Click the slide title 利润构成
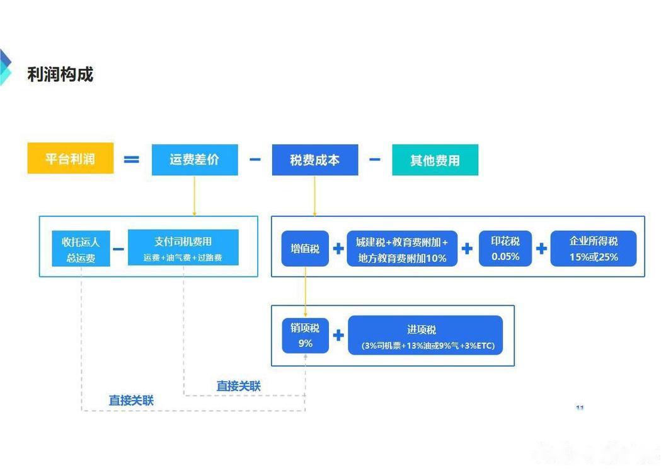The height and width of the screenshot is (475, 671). [60, 74]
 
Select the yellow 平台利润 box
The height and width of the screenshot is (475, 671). [71, 158]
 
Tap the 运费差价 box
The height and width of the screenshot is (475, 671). [195, 160]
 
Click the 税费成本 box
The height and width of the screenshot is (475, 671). [314, 160]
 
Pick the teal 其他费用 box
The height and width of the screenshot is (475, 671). [435, 160]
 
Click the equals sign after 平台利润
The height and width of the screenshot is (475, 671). [131, 160]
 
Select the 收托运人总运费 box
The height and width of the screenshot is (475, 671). [81, 249]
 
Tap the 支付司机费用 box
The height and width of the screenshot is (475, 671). [183, 247]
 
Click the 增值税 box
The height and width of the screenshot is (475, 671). [305, 249]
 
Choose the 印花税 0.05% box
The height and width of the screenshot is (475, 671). [505, 249]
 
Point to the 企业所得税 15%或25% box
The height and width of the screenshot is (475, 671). [594, 249]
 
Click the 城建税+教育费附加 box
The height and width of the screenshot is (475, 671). [402, 249]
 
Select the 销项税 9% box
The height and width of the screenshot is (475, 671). [305, 335]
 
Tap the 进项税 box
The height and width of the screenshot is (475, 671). [425, 335]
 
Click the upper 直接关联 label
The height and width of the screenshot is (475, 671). [238, 386]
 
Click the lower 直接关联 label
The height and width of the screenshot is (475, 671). [131, 401]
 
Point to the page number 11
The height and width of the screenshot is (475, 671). [580, 408]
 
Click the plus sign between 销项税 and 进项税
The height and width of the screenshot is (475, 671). [338, 335]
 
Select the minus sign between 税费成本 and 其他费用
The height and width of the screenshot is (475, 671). [375, 160]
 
